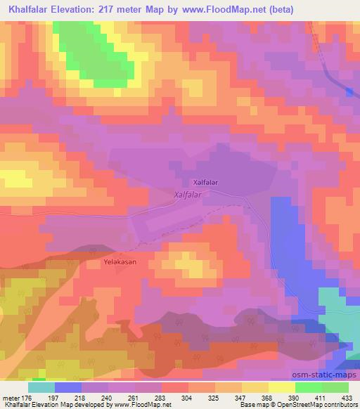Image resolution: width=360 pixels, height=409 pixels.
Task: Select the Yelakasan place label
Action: (x=119, y=261)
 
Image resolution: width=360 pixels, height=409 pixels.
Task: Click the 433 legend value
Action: (x=346, y=398)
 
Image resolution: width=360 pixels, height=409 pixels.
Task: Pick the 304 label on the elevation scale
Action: (x=186, y=398)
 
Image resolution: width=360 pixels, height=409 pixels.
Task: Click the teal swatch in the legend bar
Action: (x=41, y=387)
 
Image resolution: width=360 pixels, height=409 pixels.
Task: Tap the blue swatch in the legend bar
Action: (x=67, y=387)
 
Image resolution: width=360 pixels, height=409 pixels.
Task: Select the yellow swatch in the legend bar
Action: (x=281, y=387)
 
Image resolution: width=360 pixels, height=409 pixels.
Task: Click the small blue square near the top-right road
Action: (x=349, y=92)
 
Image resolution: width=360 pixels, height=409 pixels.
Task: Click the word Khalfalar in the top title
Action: (x=27, y=10)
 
